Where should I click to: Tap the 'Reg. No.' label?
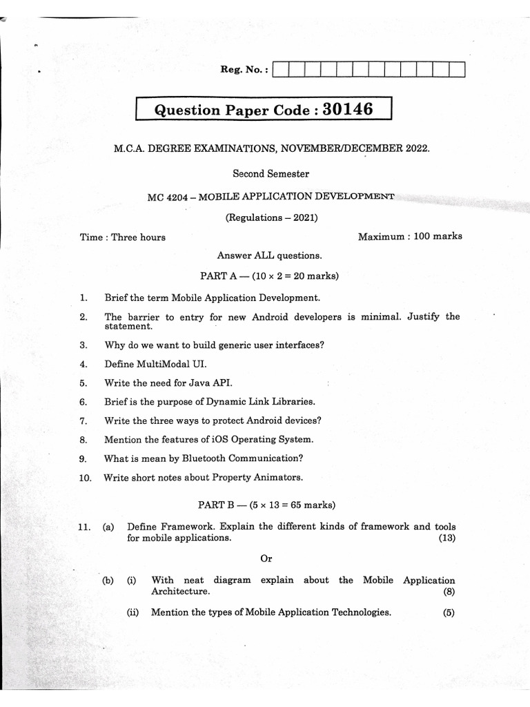point(243,70)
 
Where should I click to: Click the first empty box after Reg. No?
point(282,70)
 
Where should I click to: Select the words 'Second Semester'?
point(271,174)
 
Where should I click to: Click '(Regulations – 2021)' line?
point(271,217)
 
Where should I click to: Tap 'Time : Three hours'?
point(123,237)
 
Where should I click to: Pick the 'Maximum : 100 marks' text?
point(410,236)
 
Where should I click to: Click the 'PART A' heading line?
point(269,276)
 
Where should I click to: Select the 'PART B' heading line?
point(268,505)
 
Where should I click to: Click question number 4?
point(84,363)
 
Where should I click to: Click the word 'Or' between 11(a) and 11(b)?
point(267,559)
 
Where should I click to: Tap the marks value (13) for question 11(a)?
point(446,538)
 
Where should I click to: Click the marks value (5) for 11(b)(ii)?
point(449,612)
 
